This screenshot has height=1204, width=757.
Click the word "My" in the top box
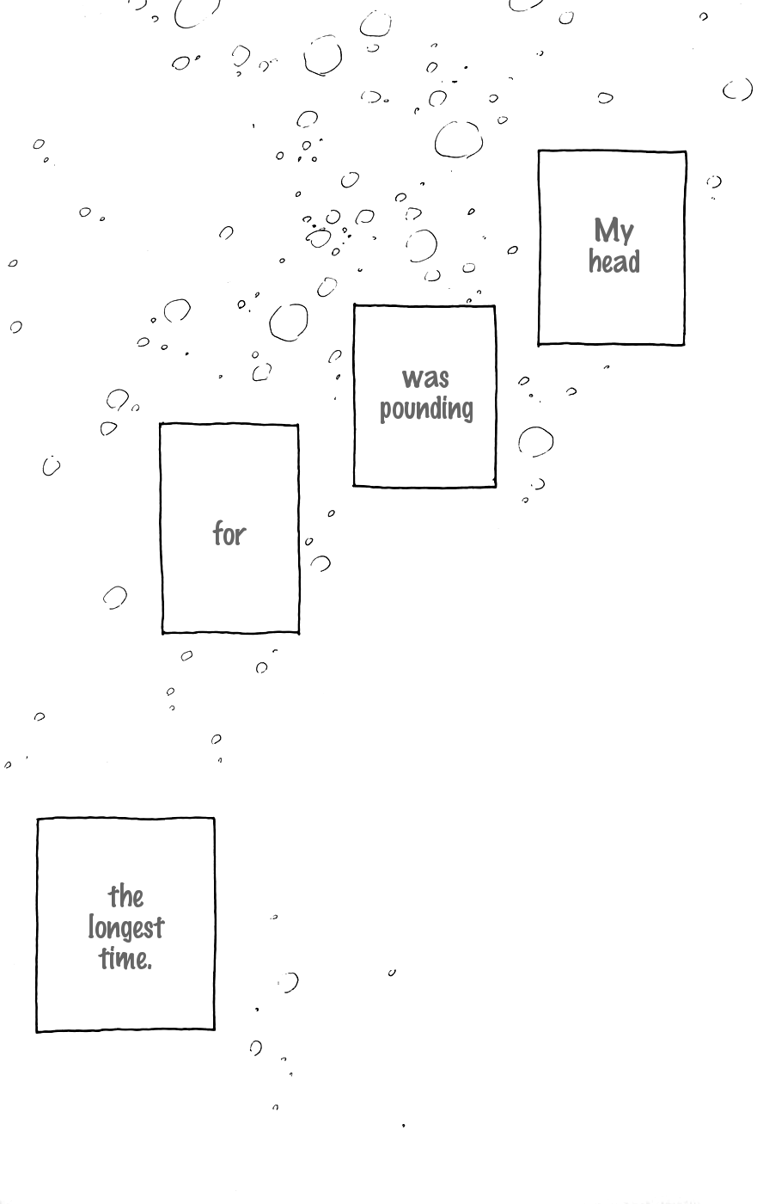coord(614,232)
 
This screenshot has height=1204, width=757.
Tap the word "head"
coord(614,261)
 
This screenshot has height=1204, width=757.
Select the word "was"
coord(425,378)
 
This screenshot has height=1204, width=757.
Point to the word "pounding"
coord(427,409)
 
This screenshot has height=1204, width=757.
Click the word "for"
coord(229,534)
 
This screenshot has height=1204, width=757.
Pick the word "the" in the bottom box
coord(126,897)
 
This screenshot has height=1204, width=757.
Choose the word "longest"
coord(126,929)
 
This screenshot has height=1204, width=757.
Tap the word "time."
coord(126,959)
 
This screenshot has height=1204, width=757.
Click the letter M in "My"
coord(606,230)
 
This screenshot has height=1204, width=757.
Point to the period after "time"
coord(150,967)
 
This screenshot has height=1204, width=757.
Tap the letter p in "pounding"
coord(386,412)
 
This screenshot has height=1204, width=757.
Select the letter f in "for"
coord(219,534)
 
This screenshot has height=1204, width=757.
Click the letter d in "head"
coord(633,261)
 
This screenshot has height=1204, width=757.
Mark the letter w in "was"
coord(412,379)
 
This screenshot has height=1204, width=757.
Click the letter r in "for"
coord(241,537)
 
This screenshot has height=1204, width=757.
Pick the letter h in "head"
coord(595,261)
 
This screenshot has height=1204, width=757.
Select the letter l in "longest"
coord(91,927)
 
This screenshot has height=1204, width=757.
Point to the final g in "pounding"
coord(467,412)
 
